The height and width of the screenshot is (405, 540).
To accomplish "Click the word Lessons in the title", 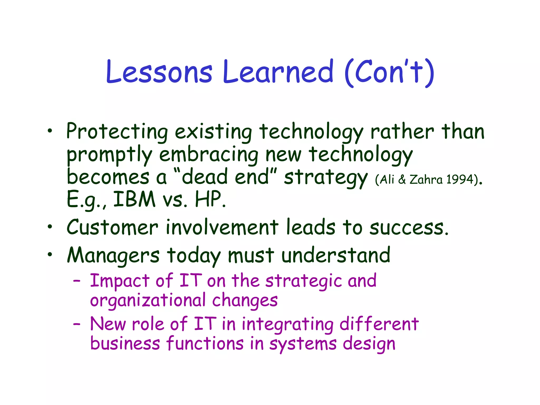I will (x=159, y=72).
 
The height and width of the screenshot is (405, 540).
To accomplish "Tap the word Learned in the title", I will (x=278, y=72).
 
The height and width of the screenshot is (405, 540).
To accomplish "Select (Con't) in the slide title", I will (x=389, y=72).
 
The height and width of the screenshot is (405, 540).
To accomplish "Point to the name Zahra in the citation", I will (x=426, y=180).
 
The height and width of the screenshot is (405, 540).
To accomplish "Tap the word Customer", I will (x=113, y=227).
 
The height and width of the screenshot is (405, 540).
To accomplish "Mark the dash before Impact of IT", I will (x=77, y=281).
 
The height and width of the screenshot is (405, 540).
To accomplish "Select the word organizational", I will (x=148, y=301).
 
